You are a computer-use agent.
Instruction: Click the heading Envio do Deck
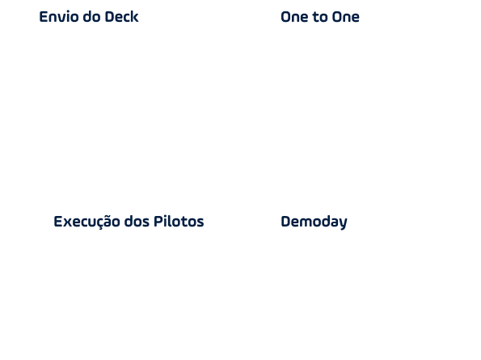tap(89, 16)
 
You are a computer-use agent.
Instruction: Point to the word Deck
tap(121, 16)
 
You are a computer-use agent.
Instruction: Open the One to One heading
tap(320, 17)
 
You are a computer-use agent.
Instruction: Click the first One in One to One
tap(294, 17)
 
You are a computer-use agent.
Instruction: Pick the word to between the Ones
tap(319, 17)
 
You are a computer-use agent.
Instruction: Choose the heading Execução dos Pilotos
tap(129, 222)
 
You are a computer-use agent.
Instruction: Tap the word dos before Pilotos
tap(137, 222)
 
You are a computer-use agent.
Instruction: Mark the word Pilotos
tap(179, 222)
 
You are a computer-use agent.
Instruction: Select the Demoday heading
tap(314, 222)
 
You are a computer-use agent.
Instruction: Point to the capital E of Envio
tap(44, 16)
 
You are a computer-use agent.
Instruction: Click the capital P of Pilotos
tap(158, 222)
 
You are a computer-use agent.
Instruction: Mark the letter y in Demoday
tap(344, 224)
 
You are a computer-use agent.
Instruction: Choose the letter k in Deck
tap(135, 16)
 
